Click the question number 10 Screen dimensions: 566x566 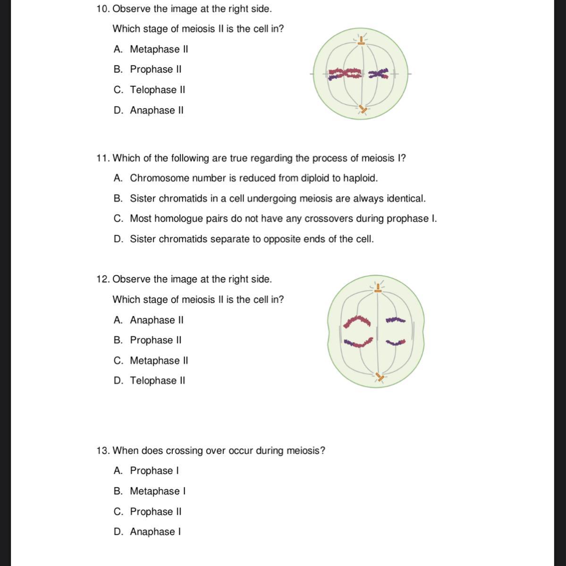[x=102, y=9]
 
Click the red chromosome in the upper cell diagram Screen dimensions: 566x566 [x=345, y=74]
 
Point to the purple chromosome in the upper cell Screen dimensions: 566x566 [x=378, y=74]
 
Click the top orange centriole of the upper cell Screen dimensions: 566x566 [x=361, y=41]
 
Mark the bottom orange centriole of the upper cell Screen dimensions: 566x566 [x=362, y=110]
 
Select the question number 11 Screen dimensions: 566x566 [x=102, y=158]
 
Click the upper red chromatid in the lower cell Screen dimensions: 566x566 [x=357, y=321]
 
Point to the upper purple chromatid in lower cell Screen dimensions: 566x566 [x=395, y=320]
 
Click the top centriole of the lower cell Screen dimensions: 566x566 [x=377, y=289]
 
